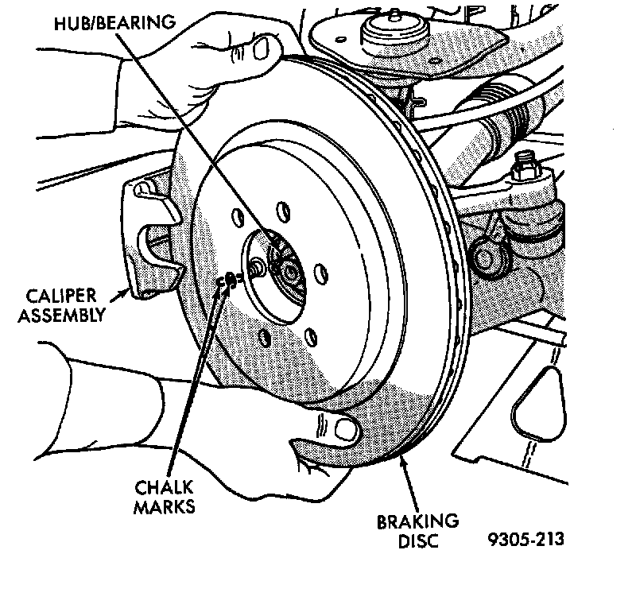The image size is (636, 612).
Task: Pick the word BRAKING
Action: click(x=417, y=522)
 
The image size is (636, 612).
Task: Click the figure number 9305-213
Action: click(x=526, y=540)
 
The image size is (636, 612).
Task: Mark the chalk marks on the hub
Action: click(x=228, y=279)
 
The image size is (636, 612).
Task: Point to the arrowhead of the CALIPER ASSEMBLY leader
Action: click(x=126, y=292)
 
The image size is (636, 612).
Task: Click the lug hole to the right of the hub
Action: click(x=320, y=274)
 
